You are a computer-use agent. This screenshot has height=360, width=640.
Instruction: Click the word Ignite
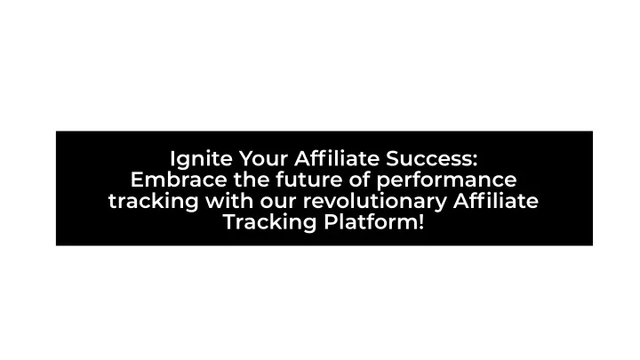[201, 160]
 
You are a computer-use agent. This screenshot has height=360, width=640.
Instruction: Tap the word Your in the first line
[264, 158]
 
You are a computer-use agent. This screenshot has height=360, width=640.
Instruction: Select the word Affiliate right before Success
[337, 158]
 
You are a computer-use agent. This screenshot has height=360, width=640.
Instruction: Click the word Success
[428, 158]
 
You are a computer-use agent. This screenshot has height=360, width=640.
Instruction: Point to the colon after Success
[475, 160]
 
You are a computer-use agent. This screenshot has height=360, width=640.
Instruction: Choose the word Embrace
[179, 180]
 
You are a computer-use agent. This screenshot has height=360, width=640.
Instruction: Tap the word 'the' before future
[251, 180]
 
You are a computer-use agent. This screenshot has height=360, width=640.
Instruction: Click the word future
[309, 180]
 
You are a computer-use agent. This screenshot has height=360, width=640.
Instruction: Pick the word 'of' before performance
[359, 180]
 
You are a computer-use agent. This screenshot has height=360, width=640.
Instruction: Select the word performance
[446, 181]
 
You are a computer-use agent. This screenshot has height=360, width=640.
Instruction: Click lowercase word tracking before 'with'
[153, 202]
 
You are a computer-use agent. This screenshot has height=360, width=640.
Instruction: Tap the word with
[229, 201]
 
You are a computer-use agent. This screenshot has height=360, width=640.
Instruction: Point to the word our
[278, 203]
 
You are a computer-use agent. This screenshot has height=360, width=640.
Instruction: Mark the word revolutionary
[375, 202]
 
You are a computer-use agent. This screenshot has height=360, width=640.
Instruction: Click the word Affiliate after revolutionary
[496, 200]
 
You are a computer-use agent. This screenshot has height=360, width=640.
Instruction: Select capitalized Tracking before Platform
[270, 223]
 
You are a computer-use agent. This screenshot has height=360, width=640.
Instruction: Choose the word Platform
[370, 222]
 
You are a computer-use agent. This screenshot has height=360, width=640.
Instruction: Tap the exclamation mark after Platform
[420, 222]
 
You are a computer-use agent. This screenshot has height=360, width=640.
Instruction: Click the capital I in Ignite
[172, 158]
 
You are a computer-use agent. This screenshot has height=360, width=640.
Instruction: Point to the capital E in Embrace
[137, 180]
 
